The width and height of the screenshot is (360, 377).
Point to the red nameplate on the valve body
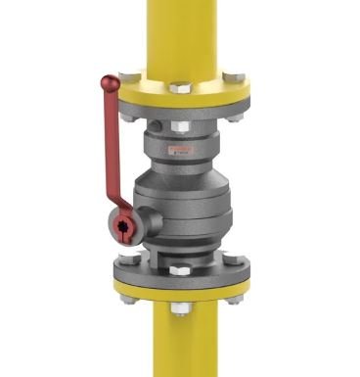coord(180,149)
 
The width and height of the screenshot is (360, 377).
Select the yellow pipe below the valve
coord(180,348)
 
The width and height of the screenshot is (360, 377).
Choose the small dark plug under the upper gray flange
coord(146,123)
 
